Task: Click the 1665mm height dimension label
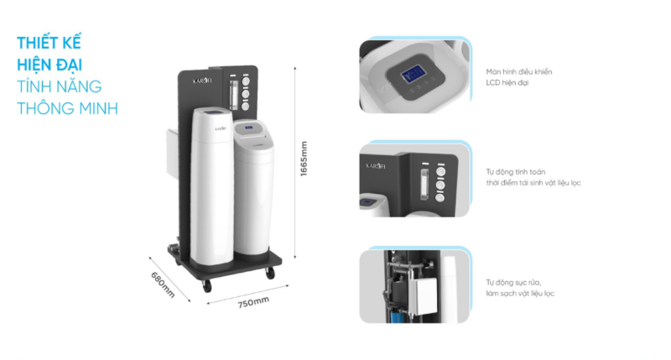(x=304, y=159)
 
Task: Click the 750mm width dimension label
(x=253, y=302)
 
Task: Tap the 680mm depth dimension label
(x=163, y=284)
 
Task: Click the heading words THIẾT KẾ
(x=49, y=43)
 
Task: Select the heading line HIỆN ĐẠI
(x=49, y=65)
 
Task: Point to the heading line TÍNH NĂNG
(x=59, y=86)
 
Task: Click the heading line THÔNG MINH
(x=67, y=108)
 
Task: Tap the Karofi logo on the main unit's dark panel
(x=202, y=81)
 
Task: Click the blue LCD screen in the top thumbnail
(x=413, y=76)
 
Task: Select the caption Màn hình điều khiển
(x=518, y=71)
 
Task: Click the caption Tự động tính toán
(x=515, y=172)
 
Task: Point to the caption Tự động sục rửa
(x=513, y=283)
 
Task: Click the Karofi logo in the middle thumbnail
(x=375, y=165)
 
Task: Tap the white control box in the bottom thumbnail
(x=423, y=295)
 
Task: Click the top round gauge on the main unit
(x=246, y=81)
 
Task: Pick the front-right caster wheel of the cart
(x=270, y=273)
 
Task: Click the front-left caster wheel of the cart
(x=207, y=285)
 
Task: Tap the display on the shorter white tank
(x=248, y=128)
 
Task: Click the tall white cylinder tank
(x=212, y=186)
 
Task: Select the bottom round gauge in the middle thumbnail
(x=440, y=198)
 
